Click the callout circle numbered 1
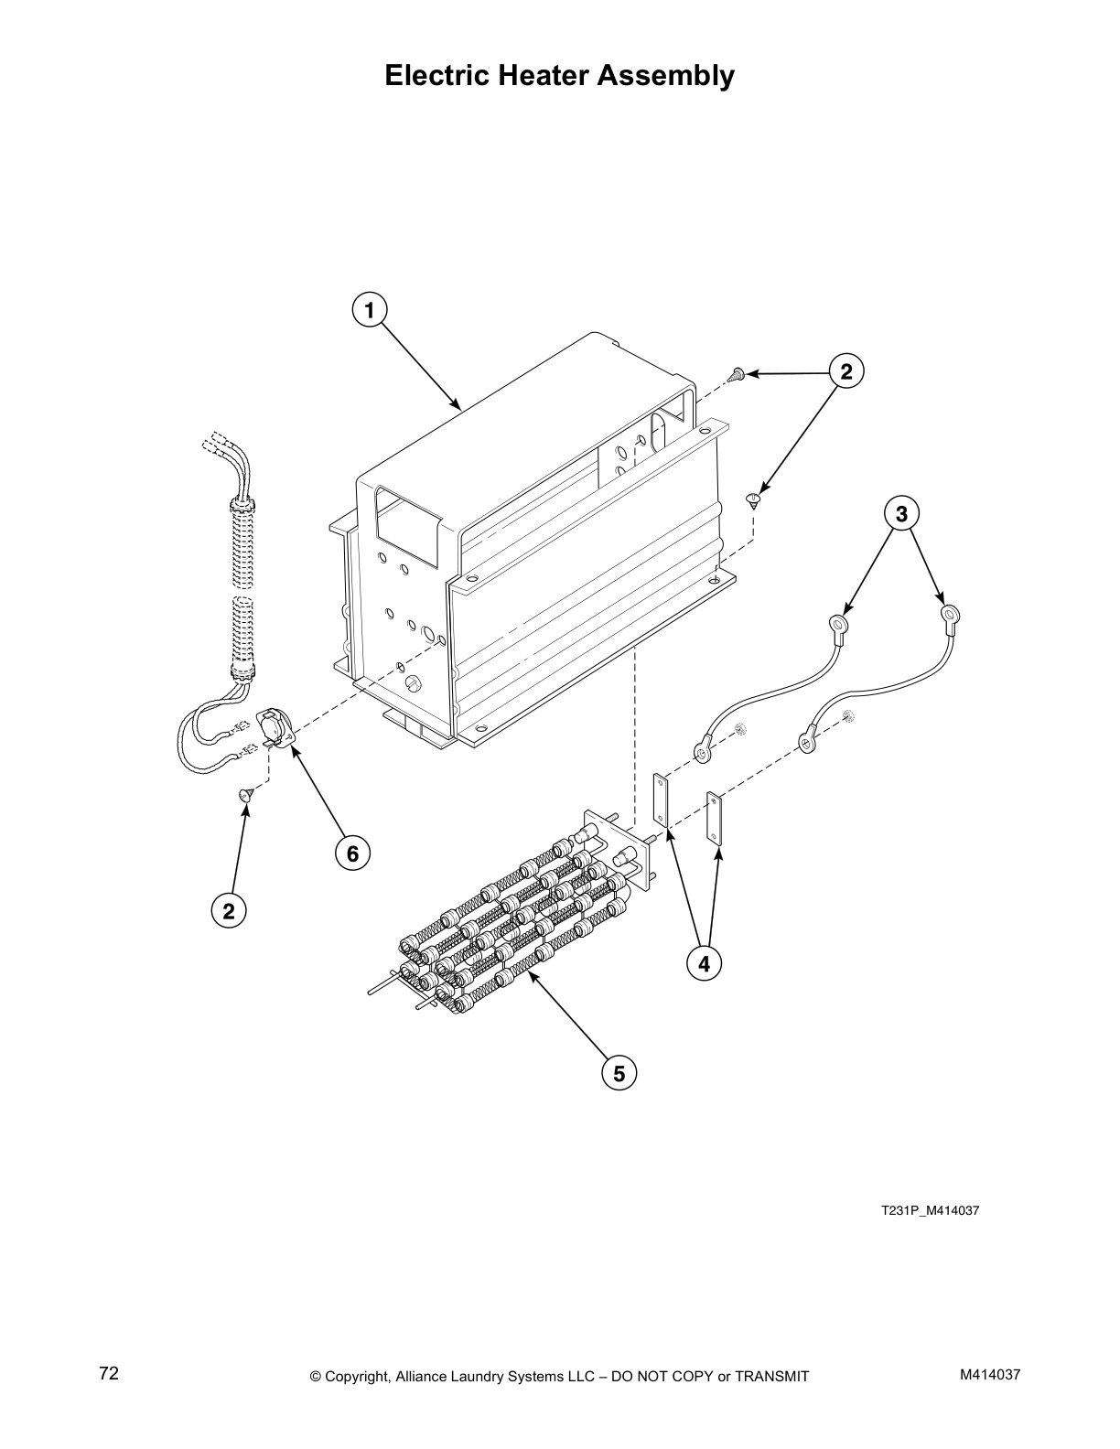point(370,310)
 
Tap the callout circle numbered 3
point(901,514)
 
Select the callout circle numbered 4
point(704,963)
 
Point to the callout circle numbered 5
point(619,1072)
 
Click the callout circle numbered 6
point(352,853)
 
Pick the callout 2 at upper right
point(845,371)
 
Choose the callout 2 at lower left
point(229,910)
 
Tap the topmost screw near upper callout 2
point(735,373)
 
